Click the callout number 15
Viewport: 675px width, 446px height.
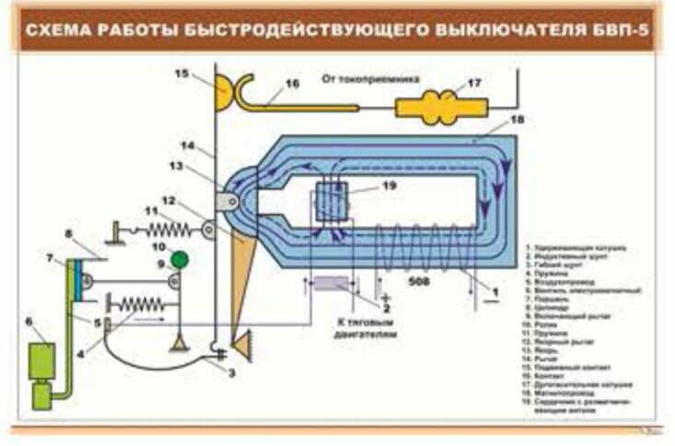[x=181, y=72]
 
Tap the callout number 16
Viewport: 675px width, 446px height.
[x=293, y=83]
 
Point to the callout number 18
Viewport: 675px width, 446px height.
[x=517, y=120]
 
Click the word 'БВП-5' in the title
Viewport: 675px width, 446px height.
[x=620, y=29]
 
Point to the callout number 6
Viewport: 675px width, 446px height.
[x=28, y=320]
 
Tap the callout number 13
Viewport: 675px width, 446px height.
[x=177, y=166]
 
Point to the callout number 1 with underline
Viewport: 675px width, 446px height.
[x=495, y=291]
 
